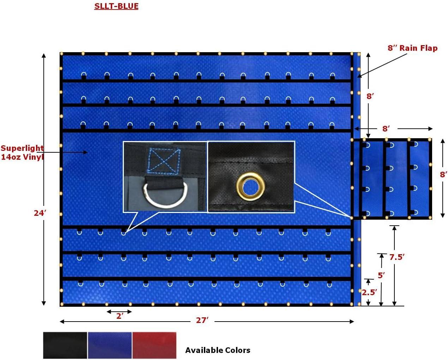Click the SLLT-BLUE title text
click(116, 6)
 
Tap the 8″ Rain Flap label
click(412, 48)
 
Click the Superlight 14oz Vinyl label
click(22, 152)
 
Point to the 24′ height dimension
click(40, 213)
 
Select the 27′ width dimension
click(202, 320)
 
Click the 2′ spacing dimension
click(120, 316)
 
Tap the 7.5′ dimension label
click(396, 257)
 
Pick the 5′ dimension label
click(381, 275)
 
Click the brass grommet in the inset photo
click(250, 184)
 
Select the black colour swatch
click(65, 345)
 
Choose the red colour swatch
click(154, 345)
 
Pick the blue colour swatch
click(110, 345)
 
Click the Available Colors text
click(218, 350)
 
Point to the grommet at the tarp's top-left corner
click(61, 54)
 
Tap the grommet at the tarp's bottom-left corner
click(61, 304)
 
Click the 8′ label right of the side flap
click(443, 174)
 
